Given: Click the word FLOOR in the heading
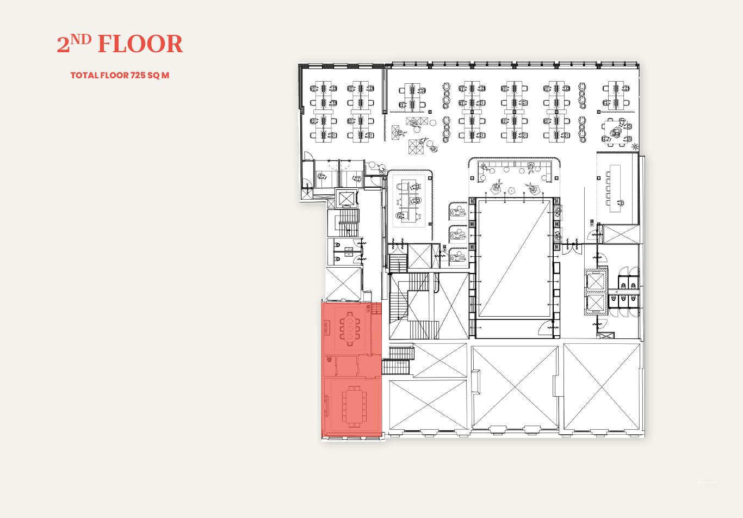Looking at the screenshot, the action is pyautogui.click(x=140, y=44).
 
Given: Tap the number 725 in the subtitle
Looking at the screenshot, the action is pyautogui.click(x=138, y=75).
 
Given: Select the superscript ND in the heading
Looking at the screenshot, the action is pyautogui.click(x=81, y=39).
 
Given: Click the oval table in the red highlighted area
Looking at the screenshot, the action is pyautogui.click(x=349, y=329).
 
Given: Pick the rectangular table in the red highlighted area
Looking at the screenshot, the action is pyautogui.click(x=354, y=406).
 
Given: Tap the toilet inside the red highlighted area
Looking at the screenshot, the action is pyautogui.click(x=329, y=359).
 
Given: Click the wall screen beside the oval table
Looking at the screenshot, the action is pyautogui.click(x=326, y=328).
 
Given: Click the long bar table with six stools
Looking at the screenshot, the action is pyautogui.click(x=615, y=188).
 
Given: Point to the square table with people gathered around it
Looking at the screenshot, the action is pyautogui.click(x=614, y=132).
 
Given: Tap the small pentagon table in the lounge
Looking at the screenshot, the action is pyautogui.click(x=511, y=191).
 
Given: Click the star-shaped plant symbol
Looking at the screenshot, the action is pyautogui.click(x=635, y=146).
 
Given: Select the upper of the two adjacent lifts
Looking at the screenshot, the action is pyautogui.click(x=596, y=282).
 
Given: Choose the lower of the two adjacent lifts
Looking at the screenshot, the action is pyautogui.click(x=596, y=303).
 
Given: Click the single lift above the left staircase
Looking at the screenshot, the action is pyautogui.click(x=346, y=199).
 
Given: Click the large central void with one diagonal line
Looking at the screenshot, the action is pyautogui.click(x=515, y=258).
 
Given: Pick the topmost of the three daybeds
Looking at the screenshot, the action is pyautogui.click(x=459, y=211).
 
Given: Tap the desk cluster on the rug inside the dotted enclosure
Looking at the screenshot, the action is pyautogui.click(x=408, y=200).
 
